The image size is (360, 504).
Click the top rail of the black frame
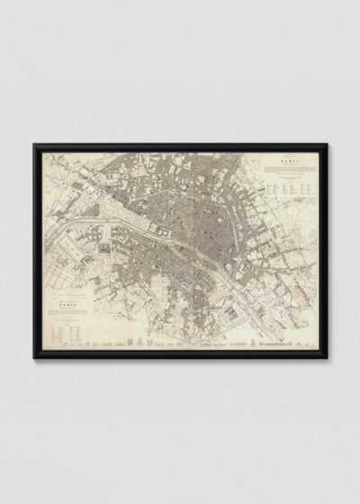180,143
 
